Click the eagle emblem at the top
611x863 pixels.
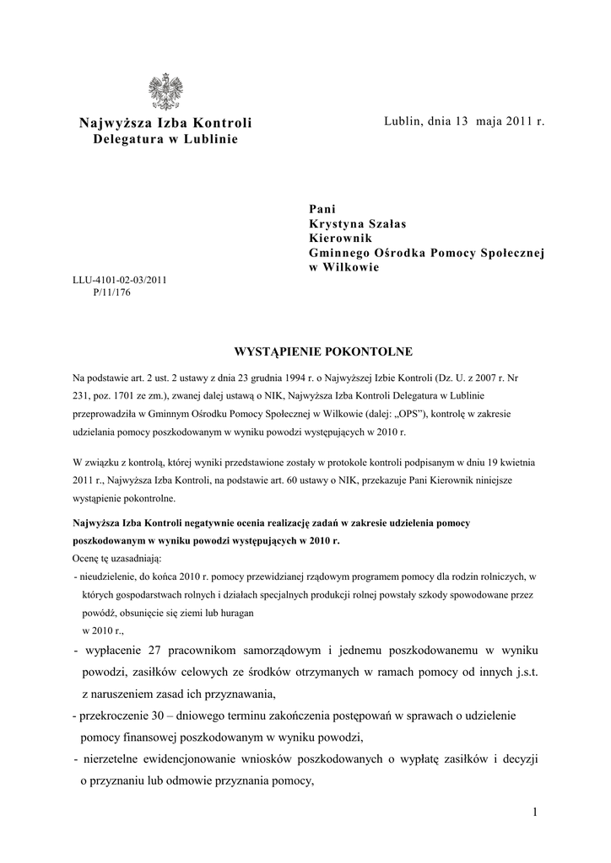(165, 92)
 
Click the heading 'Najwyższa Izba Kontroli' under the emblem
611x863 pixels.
(165, 123)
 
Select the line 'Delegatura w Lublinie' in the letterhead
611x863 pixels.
(165, 138)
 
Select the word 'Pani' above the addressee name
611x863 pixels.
(323, 207)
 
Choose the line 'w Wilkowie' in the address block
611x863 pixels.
(343, 268)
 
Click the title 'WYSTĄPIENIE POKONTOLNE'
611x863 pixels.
(305, 351)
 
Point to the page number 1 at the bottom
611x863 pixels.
(535, 812)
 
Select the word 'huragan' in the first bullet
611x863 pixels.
(238, 614)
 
